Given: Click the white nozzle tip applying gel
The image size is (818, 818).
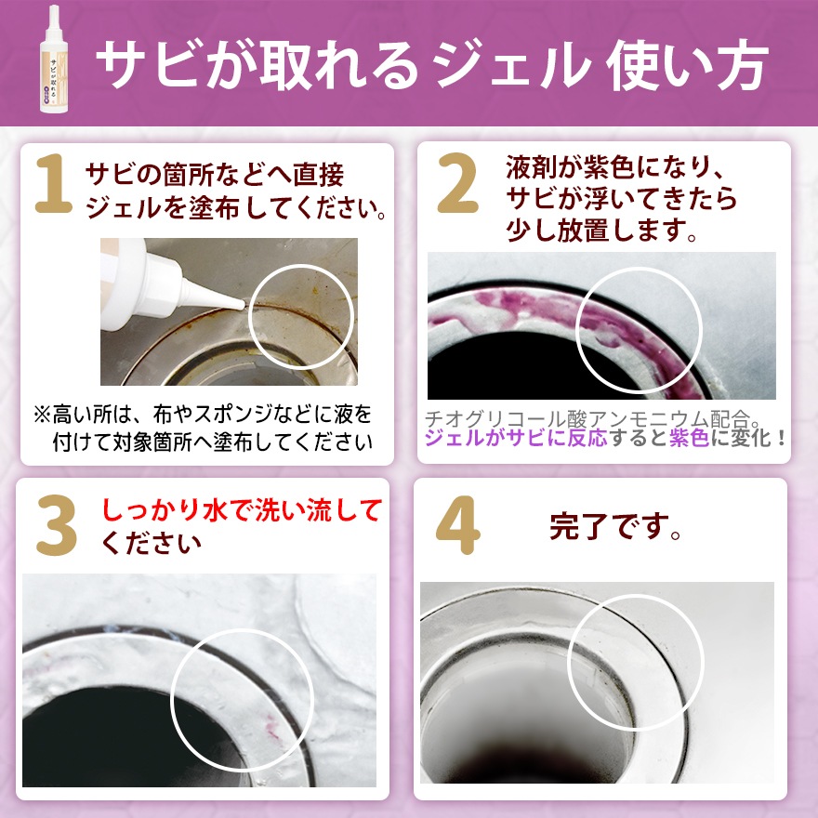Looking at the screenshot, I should [232, 302].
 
